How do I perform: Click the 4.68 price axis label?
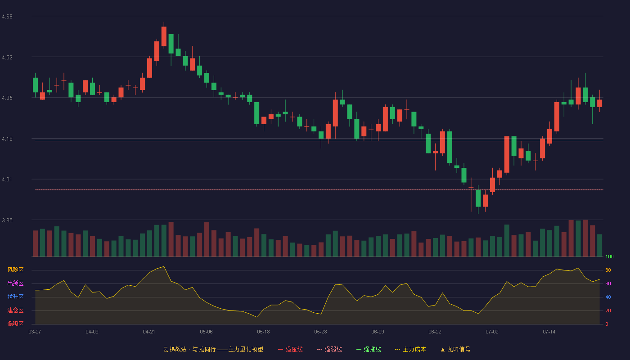point(7,17)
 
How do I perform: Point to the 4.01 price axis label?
point(7,180)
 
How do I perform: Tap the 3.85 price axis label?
point(7,220)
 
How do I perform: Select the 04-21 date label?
point(149,332)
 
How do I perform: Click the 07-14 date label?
point(549,332)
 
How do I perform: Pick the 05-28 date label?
point(320,332)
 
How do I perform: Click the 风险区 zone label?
point(15,270)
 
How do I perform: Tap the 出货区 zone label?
point(15,283)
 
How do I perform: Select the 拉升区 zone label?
point(15,297)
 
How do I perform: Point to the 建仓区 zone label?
point(15,310)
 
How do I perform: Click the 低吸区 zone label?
point(15,324)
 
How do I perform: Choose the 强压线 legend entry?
point(290,349)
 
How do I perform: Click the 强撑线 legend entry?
point(369,349)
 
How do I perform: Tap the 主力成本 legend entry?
point(410,349)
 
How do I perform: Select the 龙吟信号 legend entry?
point(455,349)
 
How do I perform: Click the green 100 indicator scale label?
point(609,256)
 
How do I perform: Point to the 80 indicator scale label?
point(608,270)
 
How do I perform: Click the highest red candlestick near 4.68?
point(164,36)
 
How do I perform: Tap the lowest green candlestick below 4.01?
point(478,198)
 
